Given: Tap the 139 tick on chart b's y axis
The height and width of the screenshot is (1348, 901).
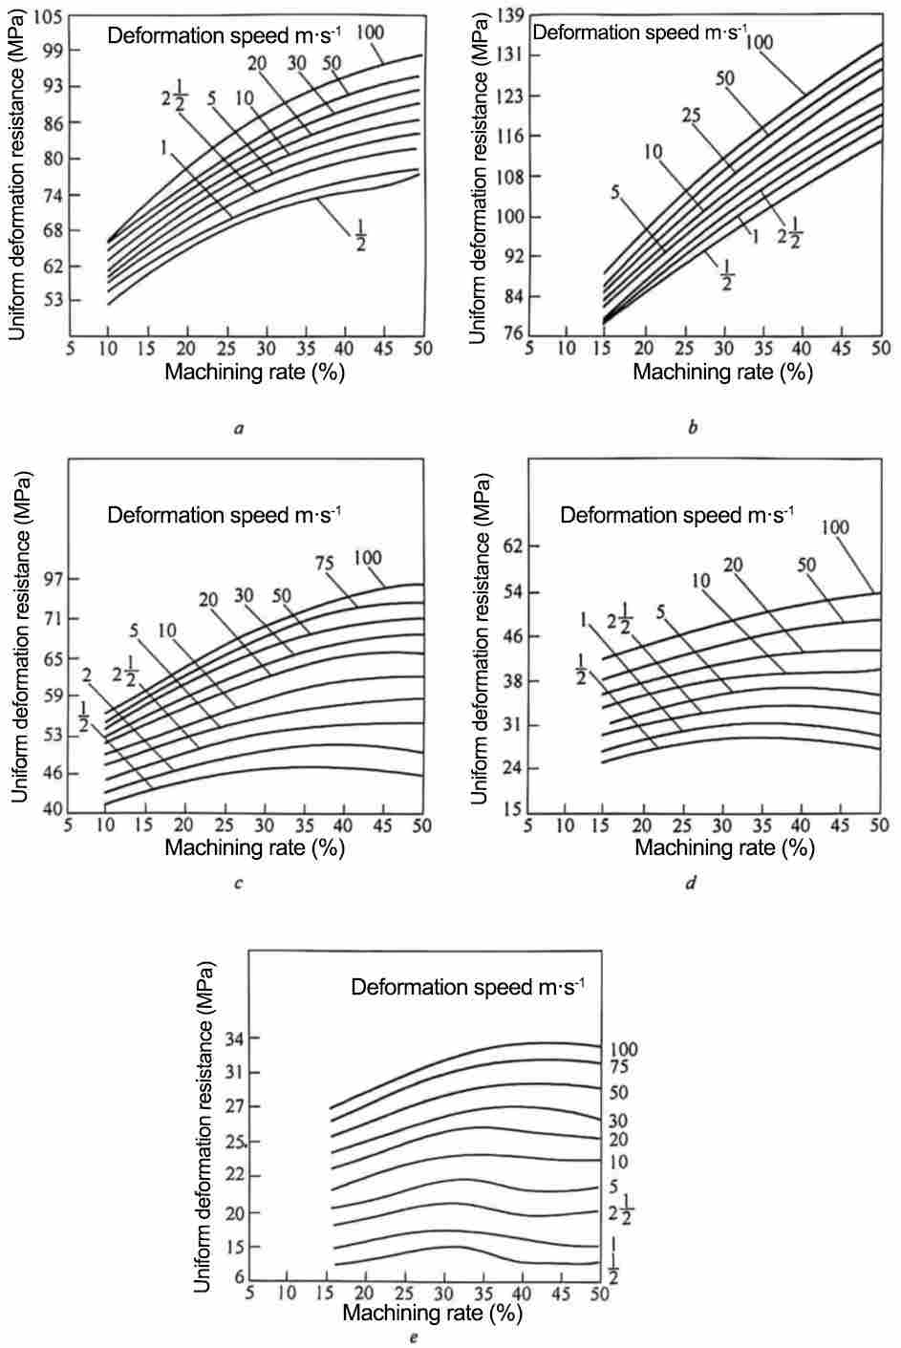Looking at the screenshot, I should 509,13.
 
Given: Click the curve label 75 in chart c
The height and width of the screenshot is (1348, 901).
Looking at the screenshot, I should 324,564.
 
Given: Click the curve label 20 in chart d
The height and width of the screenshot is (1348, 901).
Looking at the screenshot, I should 733,566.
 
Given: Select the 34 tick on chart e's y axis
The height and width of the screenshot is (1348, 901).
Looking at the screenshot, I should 234,1038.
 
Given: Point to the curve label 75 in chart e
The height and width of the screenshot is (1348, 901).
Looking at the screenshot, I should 617,1067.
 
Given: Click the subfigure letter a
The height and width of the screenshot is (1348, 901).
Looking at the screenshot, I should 239,429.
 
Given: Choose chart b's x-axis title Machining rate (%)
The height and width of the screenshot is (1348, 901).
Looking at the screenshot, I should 722,372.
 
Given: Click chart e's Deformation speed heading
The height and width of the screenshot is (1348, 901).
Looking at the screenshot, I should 468,987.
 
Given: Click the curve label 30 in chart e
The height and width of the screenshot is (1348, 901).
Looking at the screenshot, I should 617,1121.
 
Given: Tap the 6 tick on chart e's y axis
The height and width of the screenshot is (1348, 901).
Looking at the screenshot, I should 239,1279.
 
